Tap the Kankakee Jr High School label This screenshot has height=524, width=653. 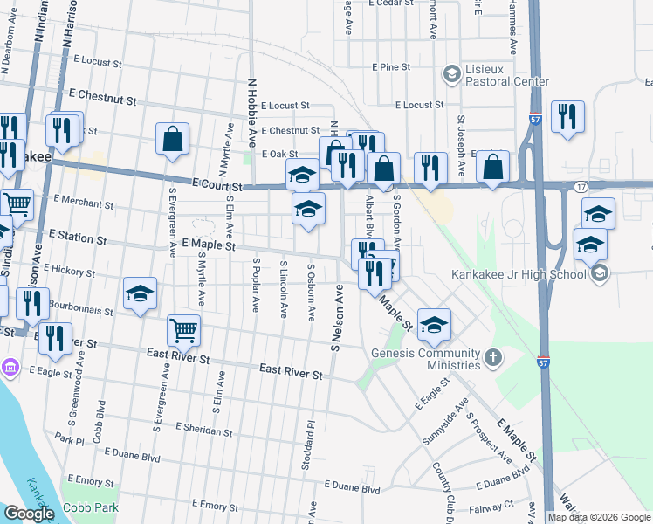[519, 274]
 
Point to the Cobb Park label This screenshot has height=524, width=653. [89, 507]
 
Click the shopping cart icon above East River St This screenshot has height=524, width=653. [183, 329]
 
